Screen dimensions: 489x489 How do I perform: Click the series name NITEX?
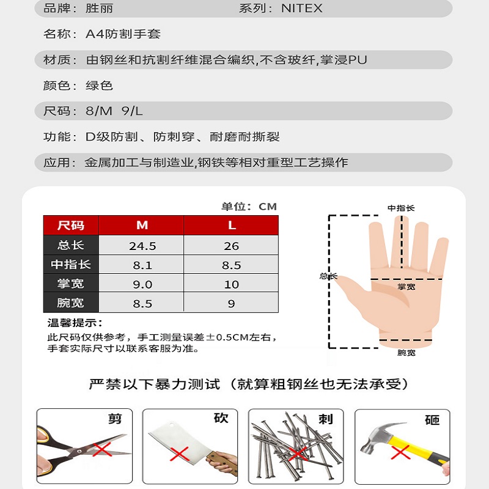tap(301, 8)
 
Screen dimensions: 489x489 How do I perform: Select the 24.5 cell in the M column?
tap(142, 246)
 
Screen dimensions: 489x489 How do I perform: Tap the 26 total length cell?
tap(231, 246)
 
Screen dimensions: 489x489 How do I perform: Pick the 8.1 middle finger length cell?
tap(142, 265)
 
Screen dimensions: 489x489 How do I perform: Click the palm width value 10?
tap(231, 284)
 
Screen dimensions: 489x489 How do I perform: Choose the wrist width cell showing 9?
tap(231, 303)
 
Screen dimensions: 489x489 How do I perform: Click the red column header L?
tap(232, 225)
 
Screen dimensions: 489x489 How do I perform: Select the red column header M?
tap(142, 225)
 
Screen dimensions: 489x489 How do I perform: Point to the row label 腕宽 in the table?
tap(70, 303)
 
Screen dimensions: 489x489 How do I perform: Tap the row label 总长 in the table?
tap(70, 245)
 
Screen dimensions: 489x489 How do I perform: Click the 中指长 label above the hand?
tap(401, 208)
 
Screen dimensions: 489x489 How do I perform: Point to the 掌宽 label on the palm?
tap(406, 287)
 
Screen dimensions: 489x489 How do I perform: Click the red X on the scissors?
tap(102, 449)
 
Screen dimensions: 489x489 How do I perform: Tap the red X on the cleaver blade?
tap(179, 454)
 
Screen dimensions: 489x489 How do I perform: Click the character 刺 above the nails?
tap(326, 419)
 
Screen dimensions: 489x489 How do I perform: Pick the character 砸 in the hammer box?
tap(432, 420)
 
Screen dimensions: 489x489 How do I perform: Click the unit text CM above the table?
tap(268, 207)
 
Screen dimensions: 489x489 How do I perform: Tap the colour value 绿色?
tap(99, 86)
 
